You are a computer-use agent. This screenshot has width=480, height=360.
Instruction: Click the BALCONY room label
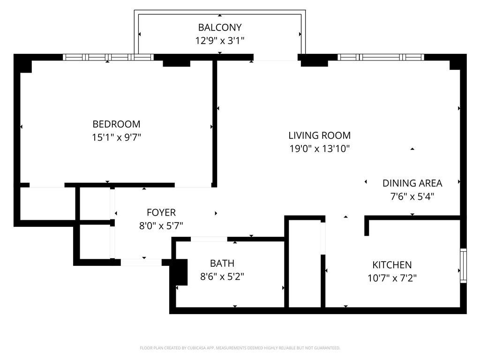(x=219, y=27)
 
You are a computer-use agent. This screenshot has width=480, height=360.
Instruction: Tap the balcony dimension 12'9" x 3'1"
(x=219, y=41)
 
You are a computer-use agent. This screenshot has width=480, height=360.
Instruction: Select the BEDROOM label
(x=116, y=124)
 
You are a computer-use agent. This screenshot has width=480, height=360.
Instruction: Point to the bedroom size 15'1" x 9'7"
(x=116, y=138)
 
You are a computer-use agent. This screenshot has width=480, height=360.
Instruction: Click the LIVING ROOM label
(x=319, y=135)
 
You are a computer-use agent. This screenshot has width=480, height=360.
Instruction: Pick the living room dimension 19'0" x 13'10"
(x=319, y=149)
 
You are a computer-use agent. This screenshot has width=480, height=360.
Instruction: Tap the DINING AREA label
(x=412, y=183)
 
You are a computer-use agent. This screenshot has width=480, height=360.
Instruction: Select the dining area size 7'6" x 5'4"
(x=412, y=197)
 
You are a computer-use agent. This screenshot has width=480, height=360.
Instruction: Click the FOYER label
(x=161, y=212)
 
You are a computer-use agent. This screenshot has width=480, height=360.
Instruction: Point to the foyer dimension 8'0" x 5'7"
(x=161, y=226)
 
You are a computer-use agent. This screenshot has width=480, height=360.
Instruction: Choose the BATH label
(x=222, y=263)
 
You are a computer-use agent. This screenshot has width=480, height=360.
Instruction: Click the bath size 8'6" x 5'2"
(x=222, y=277)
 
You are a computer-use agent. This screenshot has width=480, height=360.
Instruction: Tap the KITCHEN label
(x=392, y=265)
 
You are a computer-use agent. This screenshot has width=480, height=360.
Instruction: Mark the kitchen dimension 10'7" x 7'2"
(x=392, y=278)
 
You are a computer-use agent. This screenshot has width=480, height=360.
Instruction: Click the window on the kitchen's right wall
(x=463, y=265)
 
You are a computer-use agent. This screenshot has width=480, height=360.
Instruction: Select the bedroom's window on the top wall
(x=108, y=57)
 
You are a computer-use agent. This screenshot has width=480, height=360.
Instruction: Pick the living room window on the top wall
(x=380, y=57)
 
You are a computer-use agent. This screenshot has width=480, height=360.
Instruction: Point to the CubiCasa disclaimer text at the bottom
(x=240, y=348)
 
